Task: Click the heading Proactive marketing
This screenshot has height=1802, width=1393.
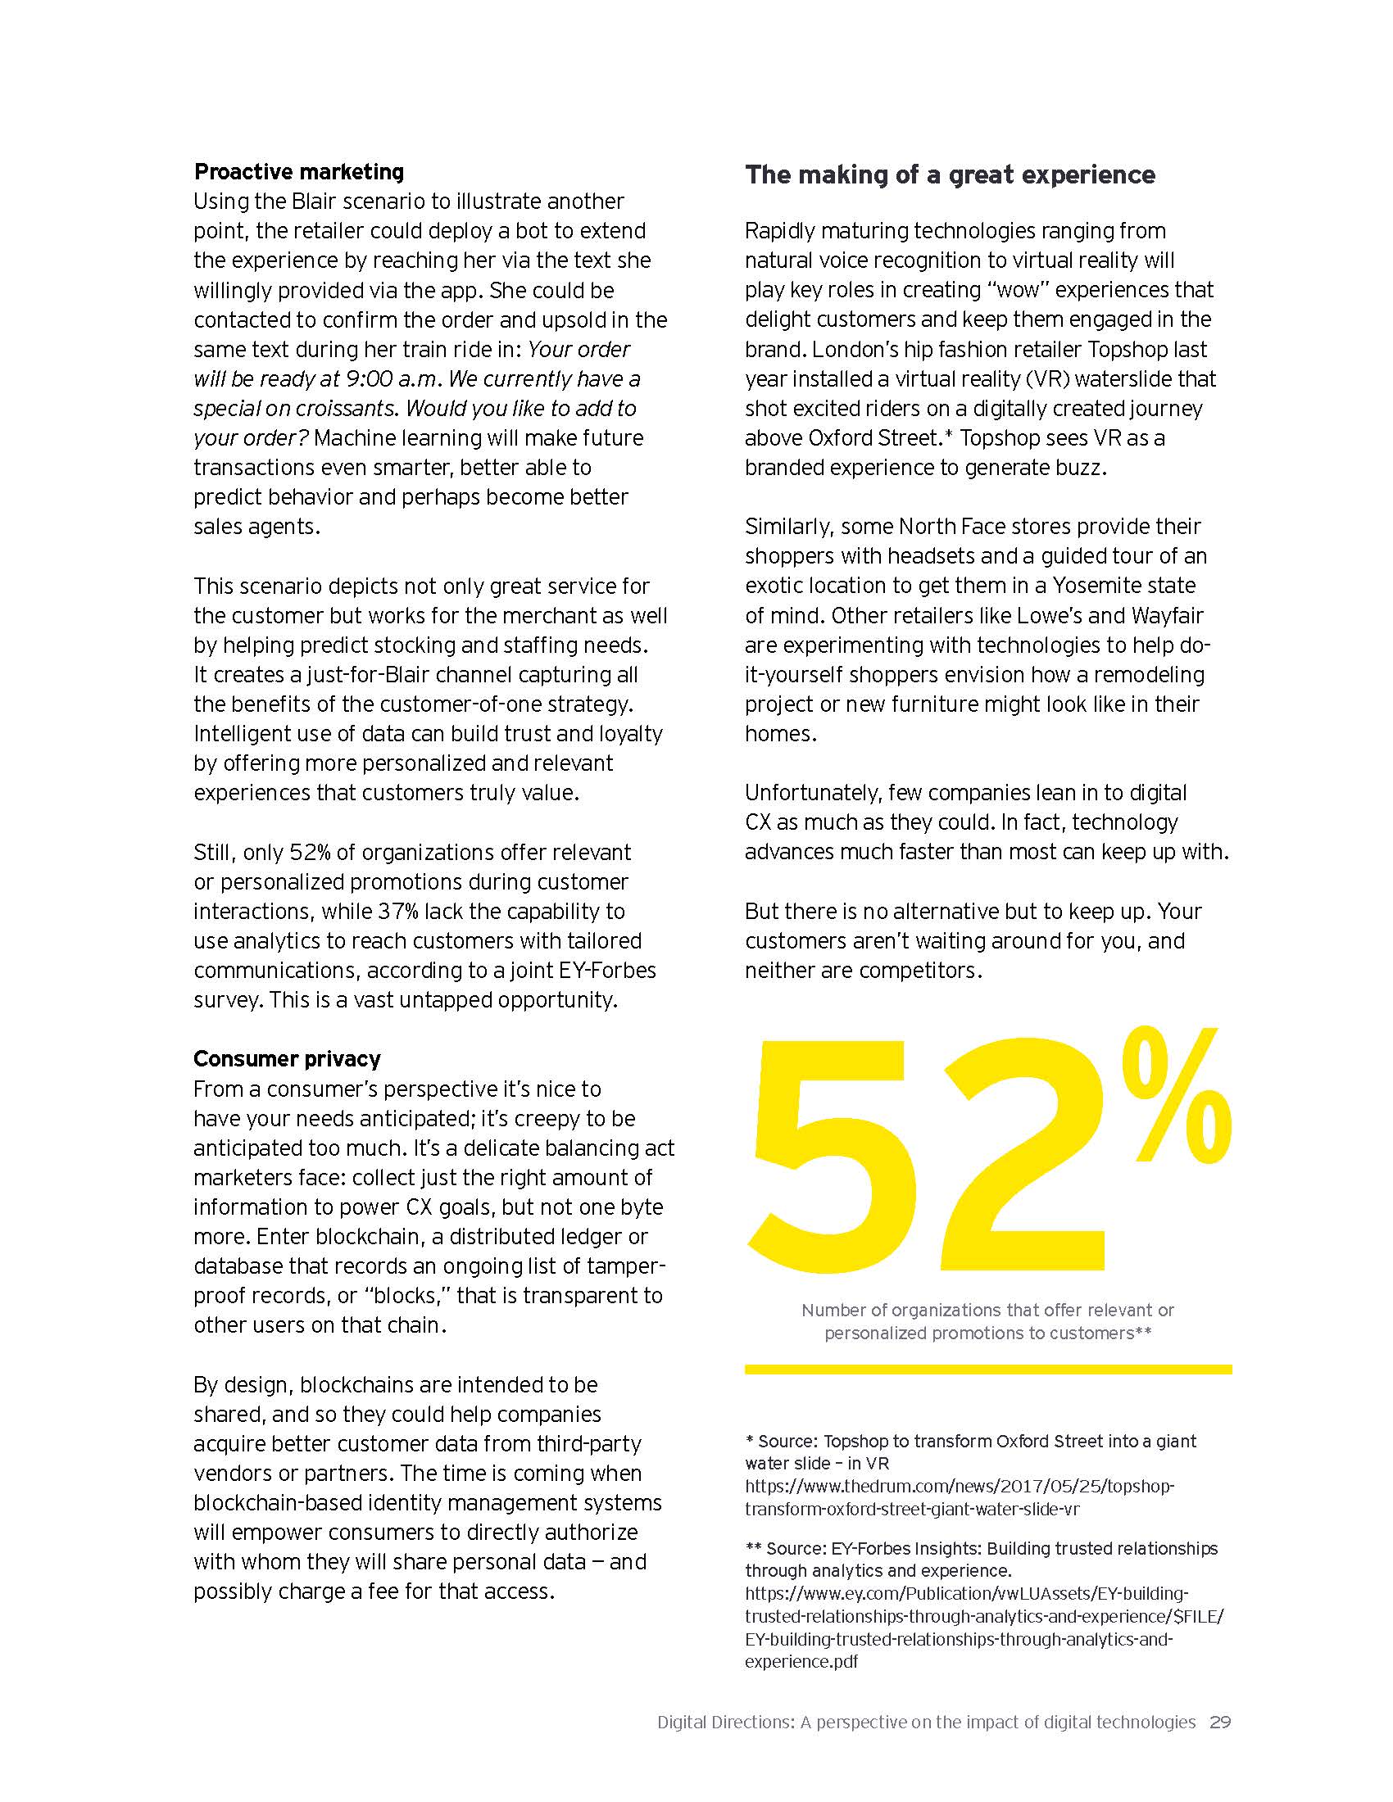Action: pos(299,172)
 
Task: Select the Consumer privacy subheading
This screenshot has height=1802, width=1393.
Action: pos(287,1058)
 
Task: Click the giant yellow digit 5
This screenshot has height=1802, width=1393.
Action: pos(833,1155)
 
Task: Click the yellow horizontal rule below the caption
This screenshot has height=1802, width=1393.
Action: pos(988,1370)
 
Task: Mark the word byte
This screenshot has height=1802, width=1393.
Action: pos(641,1207)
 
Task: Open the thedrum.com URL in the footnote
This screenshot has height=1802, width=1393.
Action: pos(959,1497)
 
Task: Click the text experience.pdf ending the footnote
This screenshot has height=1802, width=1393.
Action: pos(801,1661)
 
